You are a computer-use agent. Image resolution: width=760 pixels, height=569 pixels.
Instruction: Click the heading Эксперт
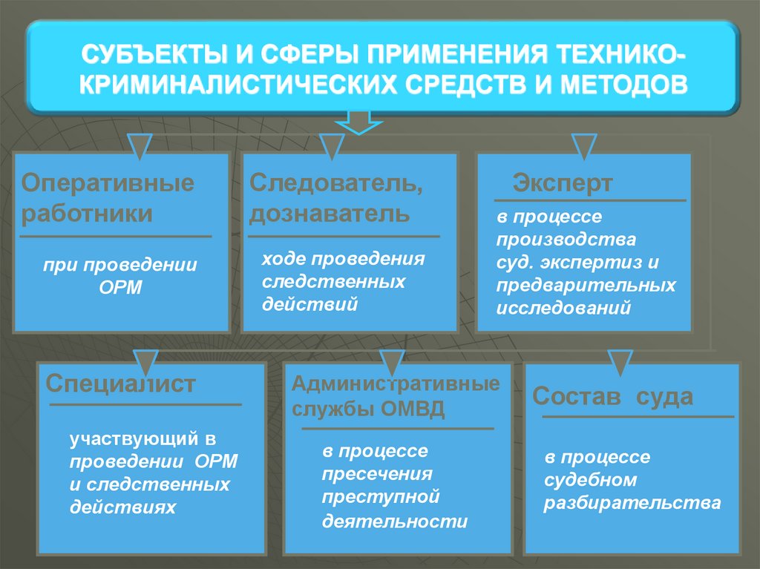pos(563,183)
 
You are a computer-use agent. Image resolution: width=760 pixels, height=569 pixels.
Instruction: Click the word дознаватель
pos(329,214)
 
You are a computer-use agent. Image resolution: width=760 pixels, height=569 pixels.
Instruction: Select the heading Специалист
pos(121,384)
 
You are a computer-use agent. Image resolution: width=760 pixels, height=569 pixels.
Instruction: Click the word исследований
pos(564,307)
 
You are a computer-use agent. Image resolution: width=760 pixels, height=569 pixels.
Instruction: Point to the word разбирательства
pos(632,502)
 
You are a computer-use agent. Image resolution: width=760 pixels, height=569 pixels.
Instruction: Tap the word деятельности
pos(395,521)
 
